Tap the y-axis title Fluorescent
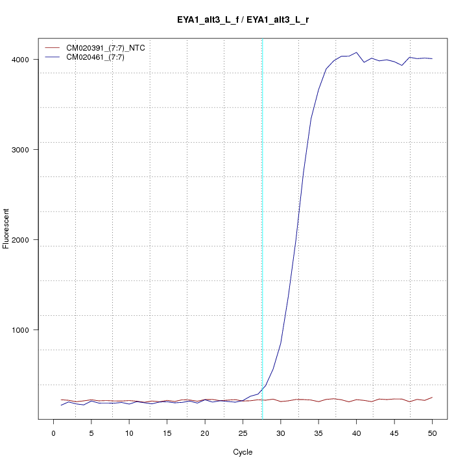[x=6, y=228]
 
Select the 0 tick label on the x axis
[x=54, y=433]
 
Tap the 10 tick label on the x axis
[x=129, y=433]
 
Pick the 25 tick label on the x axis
[x=243, y=433]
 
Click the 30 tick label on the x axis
[x=281, y=433]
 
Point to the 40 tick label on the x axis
[x=356, y=433]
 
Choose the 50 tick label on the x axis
[x=432, y=433]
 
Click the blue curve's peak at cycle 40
[x=356, y=53]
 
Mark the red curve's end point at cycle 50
[x=432, y=397]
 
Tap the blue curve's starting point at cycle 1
[x=61, y=405]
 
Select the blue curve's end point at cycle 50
[x=432, y=59]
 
